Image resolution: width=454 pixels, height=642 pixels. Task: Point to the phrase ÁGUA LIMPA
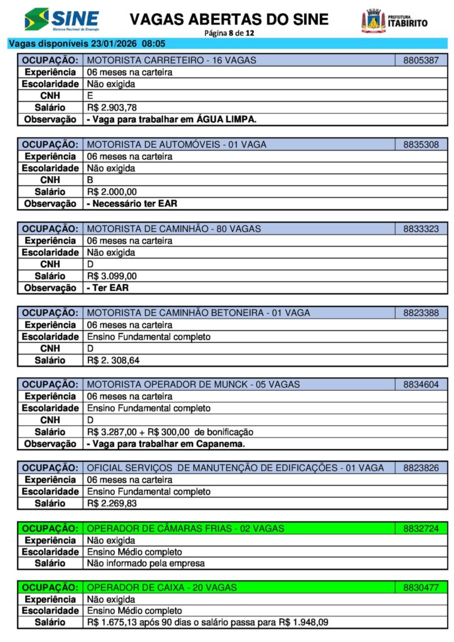(x=226, y=119)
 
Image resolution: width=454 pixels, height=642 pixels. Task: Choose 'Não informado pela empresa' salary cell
(x=145, y=563)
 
